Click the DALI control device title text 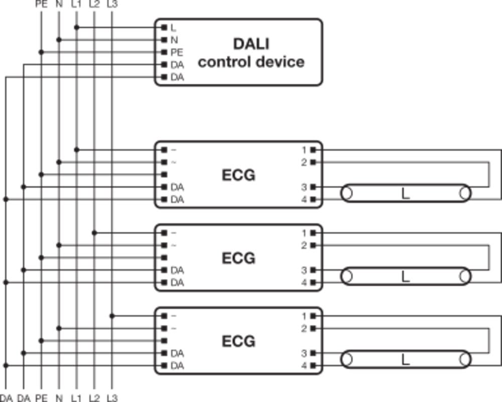click(251, 53)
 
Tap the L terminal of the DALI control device click(164, 27)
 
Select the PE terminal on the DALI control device click(164, 52)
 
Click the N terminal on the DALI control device click(164, 40)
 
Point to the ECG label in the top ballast click(238, 175)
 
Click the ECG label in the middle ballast click(238, 258)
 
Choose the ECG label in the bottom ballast click(238, 341)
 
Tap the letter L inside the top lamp click(406, 193)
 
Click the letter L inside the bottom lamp click(406, 359)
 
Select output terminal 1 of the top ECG click(313, 150)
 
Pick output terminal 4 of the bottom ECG click(313, 366)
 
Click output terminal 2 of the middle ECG click(313, 245)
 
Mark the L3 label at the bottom click(112, 398)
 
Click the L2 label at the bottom click(94, 398)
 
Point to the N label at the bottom click(59, 398)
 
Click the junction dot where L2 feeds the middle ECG click(94, 233)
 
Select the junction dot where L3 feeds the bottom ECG click(112, 316)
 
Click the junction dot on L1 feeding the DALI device click(77, 27)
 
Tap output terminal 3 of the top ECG click(313, 187)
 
